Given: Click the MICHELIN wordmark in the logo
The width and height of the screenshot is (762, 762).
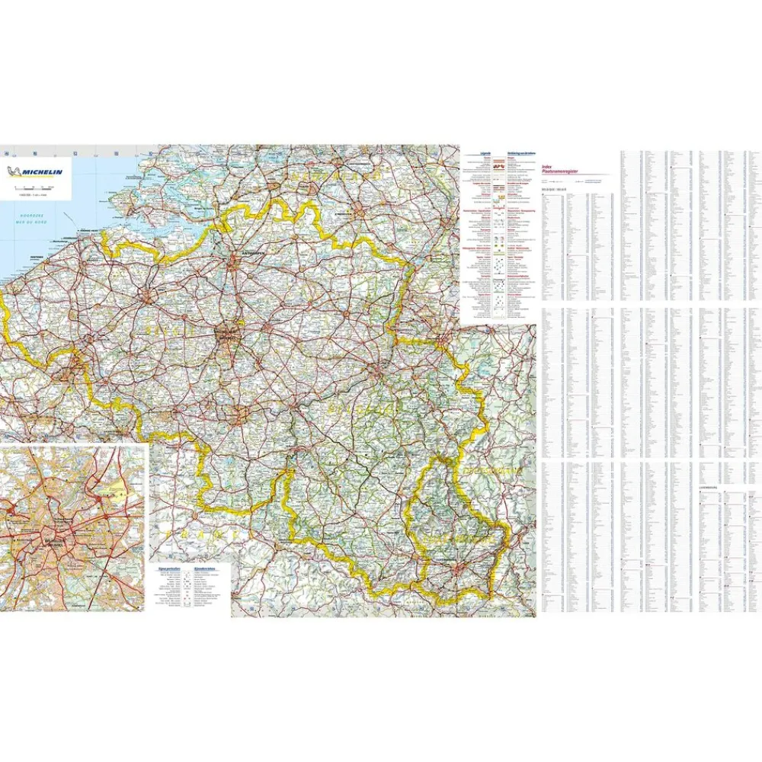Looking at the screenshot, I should pyautogui.click(x=43, y=171).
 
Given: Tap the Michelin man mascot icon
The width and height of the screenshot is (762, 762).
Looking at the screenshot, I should pyautogui.click(x=13, y=171).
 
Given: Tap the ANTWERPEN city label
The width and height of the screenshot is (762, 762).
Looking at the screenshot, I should pyautogui.click(x=234, y=249).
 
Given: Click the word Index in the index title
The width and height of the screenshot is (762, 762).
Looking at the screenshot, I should pyautogui.click(x=546, y=166).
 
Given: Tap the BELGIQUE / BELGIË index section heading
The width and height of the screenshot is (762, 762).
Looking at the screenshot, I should pyautogui.click(x=555, y=188).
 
